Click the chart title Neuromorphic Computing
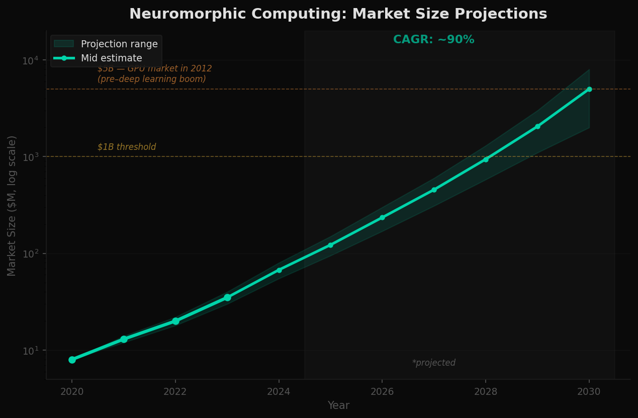338,14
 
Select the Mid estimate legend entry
111,58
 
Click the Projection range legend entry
119,44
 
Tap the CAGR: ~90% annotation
433,40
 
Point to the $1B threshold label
127,147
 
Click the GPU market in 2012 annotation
154,74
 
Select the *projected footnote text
433,363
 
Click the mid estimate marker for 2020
72,360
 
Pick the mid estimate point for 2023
227,297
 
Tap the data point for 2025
330,245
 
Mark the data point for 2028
486,159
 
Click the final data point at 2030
589,89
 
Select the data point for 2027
434,190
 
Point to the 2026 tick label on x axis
382,392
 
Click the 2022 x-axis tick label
175,392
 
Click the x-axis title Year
338,405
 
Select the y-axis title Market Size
12,205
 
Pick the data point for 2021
124,339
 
